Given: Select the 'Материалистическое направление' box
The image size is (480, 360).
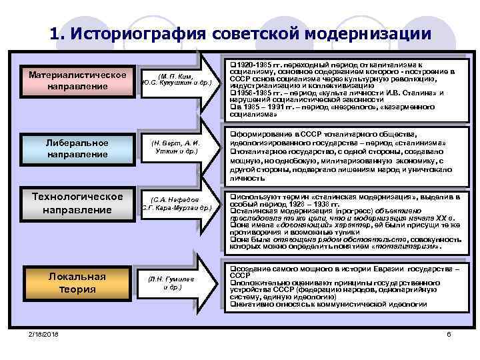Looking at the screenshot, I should coord(77,80).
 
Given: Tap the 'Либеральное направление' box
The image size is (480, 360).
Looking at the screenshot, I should coord(77,148).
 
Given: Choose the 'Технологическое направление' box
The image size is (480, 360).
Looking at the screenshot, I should coord(77,203).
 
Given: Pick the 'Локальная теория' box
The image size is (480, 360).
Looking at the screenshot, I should coord(77,283).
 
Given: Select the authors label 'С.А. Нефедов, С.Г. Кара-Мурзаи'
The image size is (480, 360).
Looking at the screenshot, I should coord(177,203).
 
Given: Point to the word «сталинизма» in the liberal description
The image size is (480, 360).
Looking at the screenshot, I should coord(419,143).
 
